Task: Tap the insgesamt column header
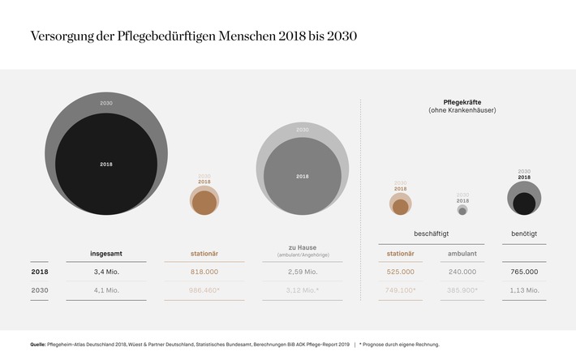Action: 105,254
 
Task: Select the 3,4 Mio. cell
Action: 105,272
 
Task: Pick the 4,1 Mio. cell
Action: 105,290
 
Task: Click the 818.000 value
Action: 204,272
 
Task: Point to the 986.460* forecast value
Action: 204,290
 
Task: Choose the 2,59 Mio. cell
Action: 302,272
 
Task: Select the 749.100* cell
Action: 399,290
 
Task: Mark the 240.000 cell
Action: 462,272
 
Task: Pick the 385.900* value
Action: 463,290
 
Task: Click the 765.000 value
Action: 524,272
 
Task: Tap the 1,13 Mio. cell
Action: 524,290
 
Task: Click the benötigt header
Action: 524,234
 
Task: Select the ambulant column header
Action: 462,254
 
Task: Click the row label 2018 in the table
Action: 40,272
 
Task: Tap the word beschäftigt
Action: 432,234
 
